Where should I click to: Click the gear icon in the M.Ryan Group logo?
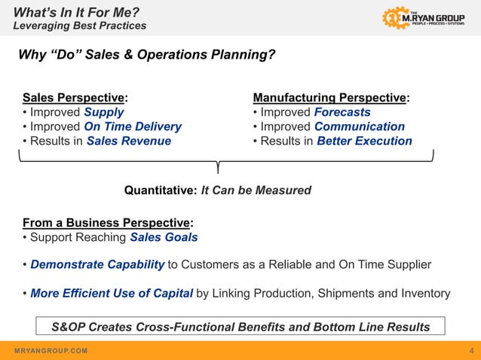[x=395, y=17]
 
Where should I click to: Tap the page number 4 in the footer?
[x=471, y=351]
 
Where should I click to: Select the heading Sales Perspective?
[x=73, y=98]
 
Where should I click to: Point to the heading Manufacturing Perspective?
[x=329, y=98]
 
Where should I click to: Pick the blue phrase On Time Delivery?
[x=133, y=127]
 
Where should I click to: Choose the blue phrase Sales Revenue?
[x=129, y=141]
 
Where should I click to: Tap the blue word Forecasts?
[x=342, y=112]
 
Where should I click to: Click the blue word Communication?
[x=360, y=127]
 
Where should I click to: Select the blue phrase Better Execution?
[x=364, y=141]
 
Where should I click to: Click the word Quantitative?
[x=160, y=191]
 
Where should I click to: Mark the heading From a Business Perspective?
[x=106, y=223]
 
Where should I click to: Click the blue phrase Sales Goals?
[x=164, y=237]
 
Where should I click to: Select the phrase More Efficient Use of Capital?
[x=112, y=293]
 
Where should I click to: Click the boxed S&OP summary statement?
[x=240, y=327]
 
